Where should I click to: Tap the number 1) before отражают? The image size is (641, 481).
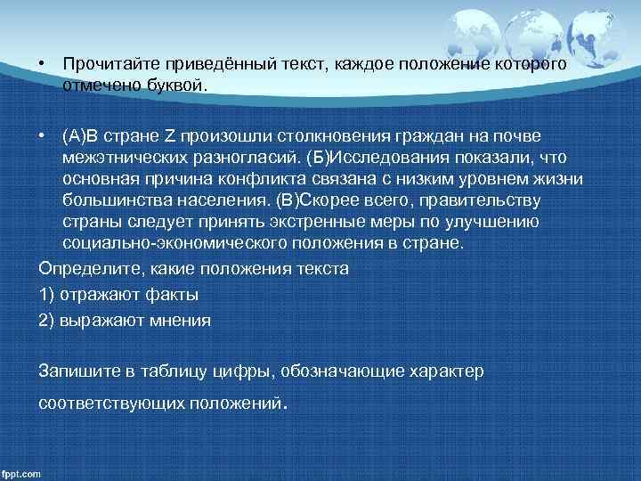point(46,294)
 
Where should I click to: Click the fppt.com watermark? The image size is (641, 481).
point(21,473)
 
